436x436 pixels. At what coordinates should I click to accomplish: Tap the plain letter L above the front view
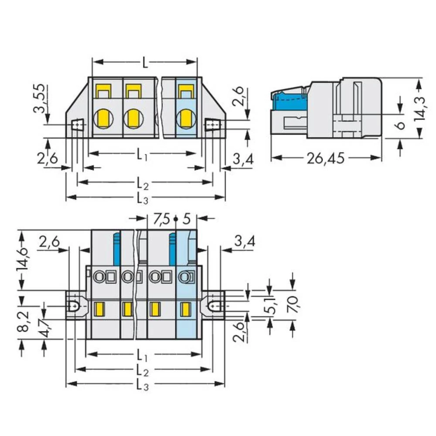(145, 63)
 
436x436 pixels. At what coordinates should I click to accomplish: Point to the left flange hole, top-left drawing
(78, 126)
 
